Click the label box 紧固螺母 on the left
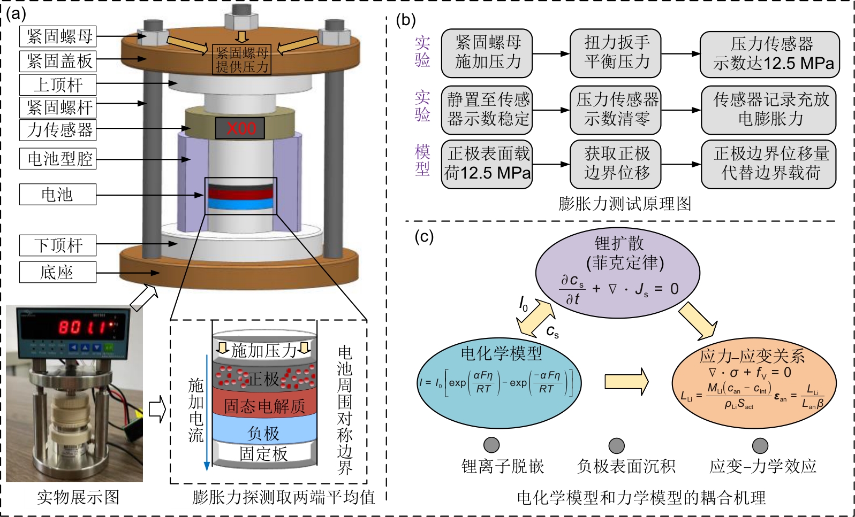[58, 36]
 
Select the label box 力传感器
[58, 130]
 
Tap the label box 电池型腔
[58, 159]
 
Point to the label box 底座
[58, 272]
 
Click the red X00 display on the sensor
[240, 128]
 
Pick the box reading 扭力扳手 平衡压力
[616, 53]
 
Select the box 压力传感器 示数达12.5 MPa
[770, 54]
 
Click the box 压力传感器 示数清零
[616, 110]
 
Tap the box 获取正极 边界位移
[616, 164]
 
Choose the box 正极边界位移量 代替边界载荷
[769, 164]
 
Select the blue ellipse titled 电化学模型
[501, 382]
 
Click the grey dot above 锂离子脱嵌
[491, 445]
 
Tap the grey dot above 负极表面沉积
[617, 445]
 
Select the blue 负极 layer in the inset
[264, 432]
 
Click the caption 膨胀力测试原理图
[624, 204]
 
